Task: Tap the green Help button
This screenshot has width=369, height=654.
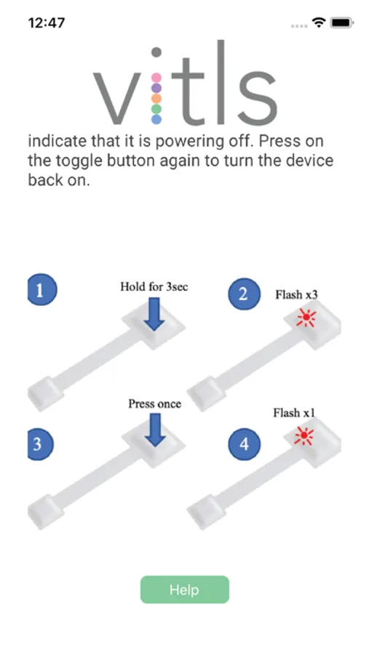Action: point(184,589)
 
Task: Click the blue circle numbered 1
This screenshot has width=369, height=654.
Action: point(41,290)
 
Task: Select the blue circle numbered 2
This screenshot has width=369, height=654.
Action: point(244,294)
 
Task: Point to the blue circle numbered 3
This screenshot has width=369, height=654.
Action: point(40,445)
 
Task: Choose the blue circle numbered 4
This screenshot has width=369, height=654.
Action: point(245,445)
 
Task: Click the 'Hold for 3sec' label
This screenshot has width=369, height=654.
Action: point(154,286)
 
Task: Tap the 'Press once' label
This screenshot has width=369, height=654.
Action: point(154,404)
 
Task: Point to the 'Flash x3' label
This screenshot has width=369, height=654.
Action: point(296,294)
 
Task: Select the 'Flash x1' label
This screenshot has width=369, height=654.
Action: point(294,413)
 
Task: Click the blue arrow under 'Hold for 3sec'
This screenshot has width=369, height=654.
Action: point(154,314)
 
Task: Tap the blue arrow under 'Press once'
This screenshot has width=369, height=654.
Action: point(155,429)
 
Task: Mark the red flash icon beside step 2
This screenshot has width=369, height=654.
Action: point(306,318)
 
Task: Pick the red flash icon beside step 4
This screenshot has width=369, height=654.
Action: point(303,436)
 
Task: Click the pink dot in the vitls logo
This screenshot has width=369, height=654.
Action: point(156,78)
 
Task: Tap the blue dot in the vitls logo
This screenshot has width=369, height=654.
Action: point(156,119)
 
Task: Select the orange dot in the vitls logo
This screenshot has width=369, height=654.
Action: point(156,98)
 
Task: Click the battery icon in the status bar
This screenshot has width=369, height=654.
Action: point(342,23)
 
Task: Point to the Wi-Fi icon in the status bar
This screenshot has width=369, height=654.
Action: point(319,23)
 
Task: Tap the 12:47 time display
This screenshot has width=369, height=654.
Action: point(47,23)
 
